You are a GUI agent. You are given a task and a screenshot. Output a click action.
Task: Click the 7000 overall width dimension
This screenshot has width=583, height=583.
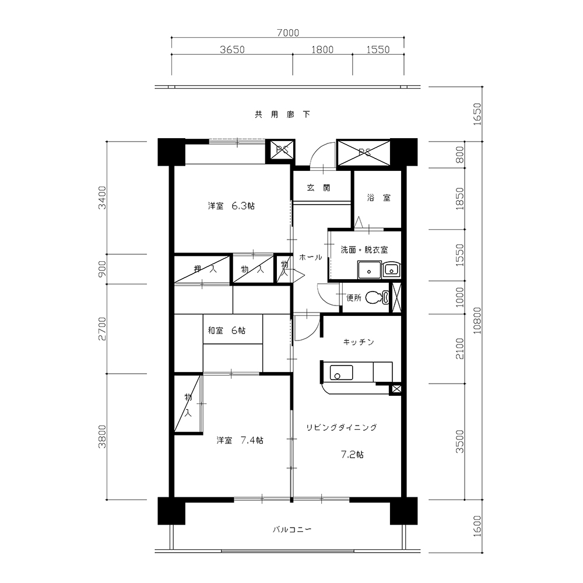[x=288, y=33]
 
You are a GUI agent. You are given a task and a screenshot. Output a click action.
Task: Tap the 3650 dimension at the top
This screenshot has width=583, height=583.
[x=233, y=50]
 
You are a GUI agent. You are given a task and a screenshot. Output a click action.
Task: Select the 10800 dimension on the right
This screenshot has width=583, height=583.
[x=477, y=321]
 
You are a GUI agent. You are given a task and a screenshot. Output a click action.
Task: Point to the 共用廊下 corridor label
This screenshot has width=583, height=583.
[x=282, y=114]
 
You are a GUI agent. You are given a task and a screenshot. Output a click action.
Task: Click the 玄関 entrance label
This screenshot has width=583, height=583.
[x=319, y=188]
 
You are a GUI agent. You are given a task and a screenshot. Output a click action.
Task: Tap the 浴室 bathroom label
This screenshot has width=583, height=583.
[x=379, y=198]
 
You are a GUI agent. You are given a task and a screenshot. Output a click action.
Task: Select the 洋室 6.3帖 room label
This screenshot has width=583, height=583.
[x=231, y=206]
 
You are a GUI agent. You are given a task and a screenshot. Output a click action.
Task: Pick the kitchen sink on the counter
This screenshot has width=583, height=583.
[x=341, y=373]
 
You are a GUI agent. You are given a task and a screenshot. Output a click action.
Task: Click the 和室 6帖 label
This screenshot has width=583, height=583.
[x=226, y=330]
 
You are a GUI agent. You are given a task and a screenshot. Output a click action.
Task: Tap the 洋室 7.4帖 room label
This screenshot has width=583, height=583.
[x=240, y=440]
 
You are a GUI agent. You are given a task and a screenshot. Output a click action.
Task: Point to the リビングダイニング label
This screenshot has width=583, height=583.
[x=341, y=427]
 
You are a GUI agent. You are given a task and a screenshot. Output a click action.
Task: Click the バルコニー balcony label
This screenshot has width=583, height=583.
[x=292, y=529]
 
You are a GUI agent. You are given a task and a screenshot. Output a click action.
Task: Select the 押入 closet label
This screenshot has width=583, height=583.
[x=205, y=269]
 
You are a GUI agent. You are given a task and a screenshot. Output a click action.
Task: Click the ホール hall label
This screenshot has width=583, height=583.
[x=311, y=257]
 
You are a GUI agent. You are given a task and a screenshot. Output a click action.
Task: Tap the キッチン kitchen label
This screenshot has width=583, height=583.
[x=359, y=342]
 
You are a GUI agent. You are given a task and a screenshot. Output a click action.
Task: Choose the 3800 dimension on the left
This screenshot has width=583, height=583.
[x=102, y=437]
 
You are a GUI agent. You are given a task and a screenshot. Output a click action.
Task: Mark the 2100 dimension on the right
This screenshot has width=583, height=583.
[x=461, y=349]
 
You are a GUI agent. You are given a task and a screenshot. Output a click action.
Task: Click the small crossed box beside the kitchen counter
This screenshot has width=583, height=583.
[x=396, y=389]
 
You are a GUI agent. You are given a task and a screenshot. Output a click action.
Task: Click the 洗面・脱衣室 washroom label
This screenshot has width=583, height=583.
[x=364, y=250]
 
